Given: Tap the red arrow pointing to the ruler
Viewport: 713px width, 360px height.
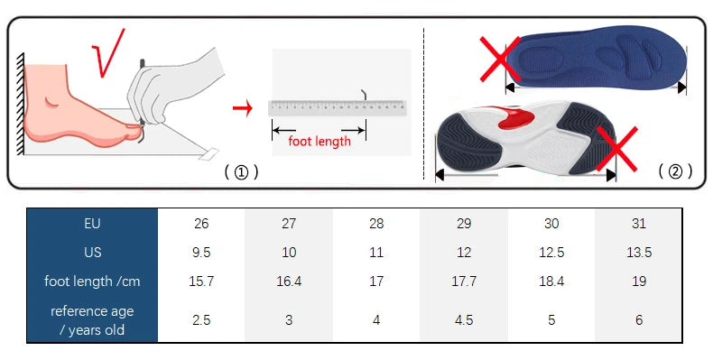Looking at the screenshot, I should click(241, 109).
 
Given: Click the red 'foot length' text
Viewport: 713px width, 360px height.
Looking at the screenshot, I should click(319, 142).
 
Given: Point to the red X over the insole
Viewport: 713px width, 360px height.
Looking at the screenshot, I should click(497, 59).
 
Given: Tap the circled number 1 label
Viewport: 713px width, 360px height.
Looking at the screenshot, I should click(241, 171).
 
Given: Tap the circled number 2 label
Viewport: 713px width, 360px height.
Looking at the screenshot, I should click(674, 171).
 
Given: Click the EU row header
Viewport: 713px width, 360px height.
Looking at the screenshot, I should click(92, 224).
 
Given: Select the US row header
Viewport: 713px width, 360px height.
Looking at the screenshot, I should click(92, 253).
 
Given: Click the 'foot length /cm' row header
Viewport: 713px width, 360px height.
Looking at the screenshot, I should click(92, 282).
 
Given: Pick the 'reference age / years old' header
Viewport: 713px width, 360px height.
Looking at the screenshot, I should click(92, 320).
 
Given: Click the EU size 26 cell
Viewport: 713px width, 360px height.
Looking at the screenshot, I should click(201, 224).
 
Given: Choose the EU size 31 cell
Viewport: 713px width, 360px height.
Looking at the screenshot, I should click(639, 224).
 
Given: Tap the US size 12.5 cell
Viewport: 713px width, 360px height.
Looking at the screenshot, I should click(551, 253).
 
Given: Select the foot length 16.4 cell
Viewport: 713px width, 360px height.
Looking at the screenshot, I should click(289, 282).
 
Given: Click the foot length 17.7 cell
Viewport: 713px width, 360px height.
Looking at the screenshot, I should click(464, 282).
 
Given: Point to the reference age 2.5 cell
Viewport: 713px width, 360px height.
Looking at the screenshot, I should click(201, 320).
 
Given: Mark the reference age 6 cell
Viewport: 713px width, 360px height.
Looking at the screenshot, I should click(639, 320).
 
